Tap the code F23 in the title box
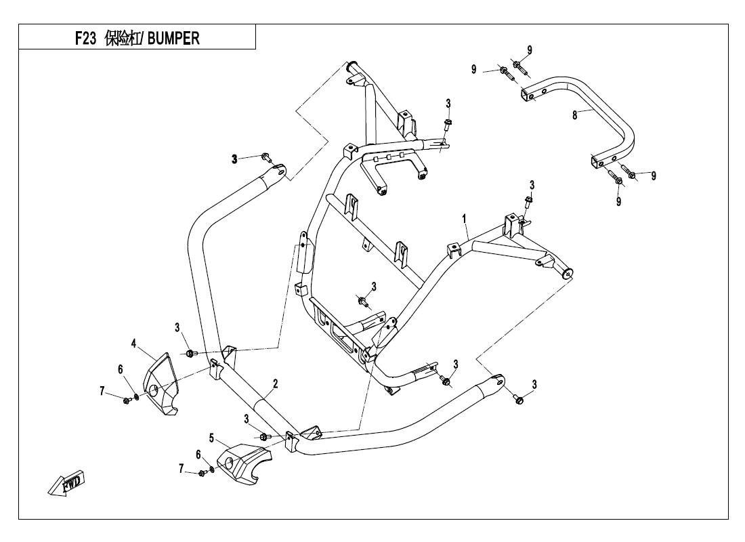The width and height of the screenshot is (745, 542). click(87, 38)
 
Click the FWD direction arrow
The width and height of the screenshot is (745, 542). click(65, 482)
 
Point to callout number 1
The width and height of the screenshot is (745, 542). click(465, 219)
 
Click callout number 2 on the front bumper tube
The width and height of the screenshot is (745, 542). click(275, 383)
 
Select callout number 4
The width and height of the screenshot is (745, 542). click(134, 344)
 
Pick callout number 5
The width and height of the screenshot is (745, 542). click(211, 438)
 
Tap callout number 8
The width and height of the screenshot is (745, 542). click(574, 116)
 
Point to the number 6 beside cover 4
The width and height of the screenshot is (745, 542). click(121, 369)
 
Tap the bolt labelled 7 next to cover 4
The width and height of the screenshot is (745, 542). click(127, 400)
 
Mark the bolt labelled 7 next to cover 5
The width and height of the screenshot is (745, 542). click(203, 472)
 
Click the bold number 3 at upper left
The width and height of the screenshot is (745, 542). click(234, 159)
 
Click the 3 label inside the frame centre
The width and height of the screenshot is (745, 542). click(373, 286)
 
